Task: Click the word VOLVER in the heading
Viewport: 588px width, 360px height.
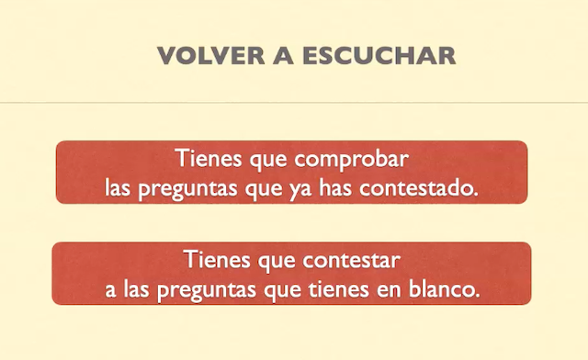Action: coord(211,56)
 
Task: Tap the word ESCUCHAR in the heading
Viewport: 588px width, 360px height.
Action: coord(379,56)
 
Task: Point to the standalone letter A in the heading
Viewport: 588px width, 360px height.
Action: coord(283,56)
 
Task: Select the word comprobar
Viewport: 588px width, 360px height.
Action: coord(351,159)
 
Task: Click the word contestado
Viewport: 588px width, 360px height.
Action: coord(419,188)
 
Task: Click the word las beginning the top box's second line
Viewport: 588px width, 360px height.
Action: coord(118,188)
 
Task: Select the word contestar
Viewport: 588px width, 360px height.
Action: coord(351,260)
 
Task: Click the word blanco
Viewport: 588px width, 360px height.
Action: coord(444,289)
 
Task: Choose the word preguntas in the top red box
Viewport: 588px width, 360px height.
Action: coord(187,189)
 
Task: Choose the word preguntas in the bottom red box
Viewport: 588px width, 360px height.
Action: coord(207,290)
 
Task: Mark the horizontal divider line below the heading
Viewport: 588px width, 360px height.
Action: coord(294,102)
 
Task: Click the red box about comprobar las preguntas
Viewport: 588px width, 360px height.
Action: coord(292,172)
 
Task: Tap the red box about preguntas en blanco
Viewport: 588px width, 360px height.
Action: coord(292,274)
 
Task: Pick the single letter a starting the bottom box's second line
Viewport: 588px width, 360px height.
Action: coord(110,291)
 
